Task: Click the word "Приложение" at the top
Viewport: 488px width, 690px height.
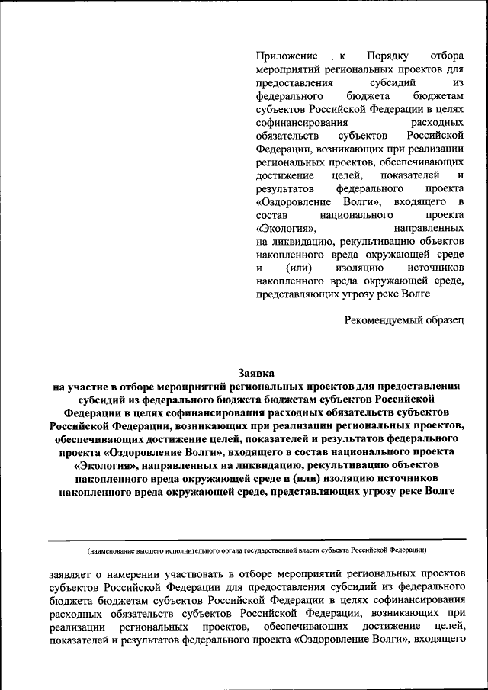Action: [286, 56]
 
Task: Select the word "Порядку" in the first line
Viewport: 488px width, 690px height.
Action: [388, 56]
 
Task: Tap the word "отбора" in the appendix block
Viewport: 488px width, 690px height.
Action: [447, 56]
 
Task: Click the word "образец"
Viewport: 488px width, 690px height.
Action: [444, 320]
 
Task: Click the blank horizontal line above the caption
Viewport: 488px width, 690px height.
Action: [256, 541]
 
